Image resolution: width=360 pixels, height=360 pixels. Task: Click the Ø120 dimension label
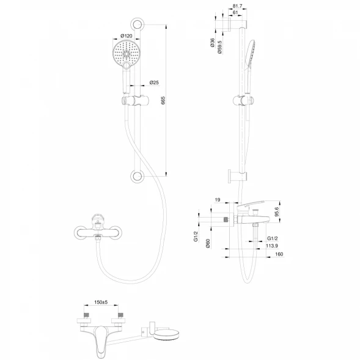127,36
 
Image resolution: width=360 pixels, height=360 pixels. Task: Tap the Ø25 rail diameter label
154,83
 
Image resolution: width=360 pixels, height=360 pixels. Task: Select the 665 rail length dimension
163,101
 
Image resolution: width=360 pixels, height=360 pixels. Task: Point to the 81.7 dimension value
237,6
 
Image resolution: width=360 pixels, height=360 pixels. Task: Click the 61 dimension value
235,13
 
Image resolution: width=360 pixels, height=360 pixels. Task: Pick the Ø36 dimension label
212,43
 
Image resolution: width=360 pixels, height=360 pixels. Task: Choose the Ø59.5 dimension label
219,47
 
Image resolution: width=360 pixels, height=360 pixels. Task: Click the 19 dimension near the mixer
217,200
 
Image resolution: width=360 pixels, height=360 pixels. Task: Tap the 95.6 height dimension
277,211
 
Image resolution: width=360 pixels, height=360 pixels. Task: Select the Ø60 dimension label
208,243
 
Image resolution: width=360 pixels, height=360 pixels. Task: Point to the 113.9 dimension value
272,246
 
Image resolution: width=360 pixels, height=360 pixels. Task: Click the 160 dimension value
279,254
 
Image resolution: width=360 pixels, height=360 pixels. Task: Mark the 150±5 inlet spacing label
101,302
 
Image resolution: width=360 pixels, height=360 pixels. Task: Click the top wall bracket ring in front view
137,24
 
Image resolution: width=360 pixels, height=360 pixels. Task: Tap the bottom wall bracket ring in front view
137,177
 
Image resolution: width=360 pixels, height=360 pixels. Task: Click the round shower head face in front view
126,54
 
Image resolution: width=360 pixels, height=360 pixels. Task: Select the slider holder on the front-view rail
135,101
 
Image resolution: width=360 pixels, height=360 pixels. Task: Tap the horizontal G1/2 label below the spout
273,238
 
